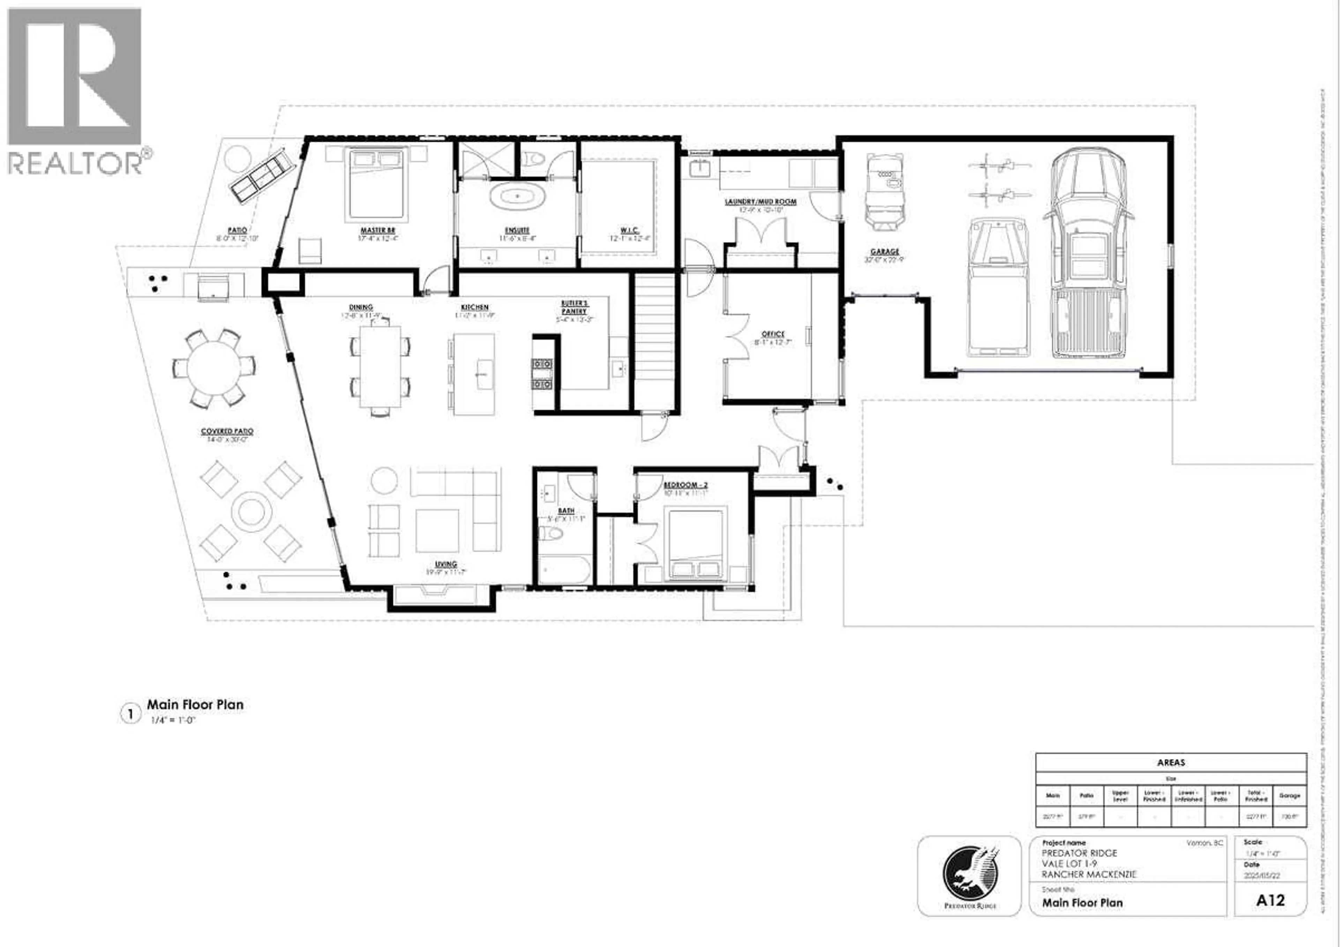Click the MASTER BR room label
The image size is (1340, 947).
pyautogui.click(x=378, y=231)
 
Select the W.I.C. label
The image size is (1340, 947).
pyautogui.click(x=628, y=231)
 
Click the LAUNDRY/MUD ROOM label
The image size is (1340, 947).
pyautogui.click(x=760, y=201)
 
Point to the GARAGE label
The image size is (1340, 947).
pyautogui.click(x=885, y=252)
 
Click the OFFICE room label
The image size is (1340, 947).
pyautogui.click(x=773, y=334)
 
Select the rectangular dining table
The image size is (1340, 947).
pyautogui.click(x=380, y=366)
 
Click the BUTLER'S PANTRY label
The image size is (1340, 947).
pyautogui.click(x=575, y=307)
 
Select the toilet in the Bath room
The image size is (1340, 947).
pyautogui.click(x=550, y=533)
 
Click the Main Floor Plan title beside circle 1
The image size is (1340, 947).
pyautogui.click(x=195, y=704)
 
